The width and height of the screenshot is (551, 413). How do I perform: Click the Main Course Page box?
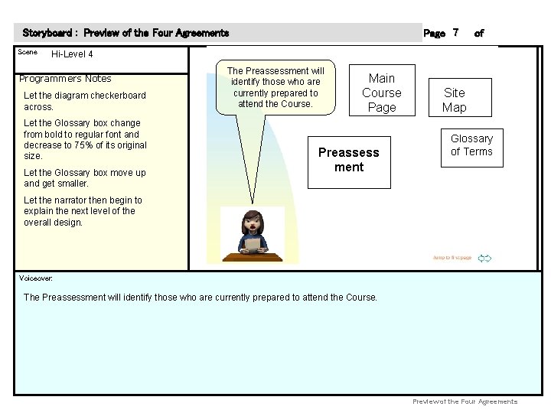(381, 93)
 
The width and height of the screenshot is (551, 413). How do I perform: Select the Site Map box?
(454, 99)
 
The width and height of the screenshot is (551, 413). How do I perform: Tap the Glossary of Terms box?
(471, 145)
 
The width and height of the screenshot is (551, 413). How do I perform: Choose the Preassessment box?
(349, 160)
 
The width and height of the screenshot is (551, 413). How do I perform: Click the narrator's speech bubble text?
(275, 87)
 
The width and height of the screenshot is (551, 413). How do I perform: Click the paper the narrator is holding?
(253, 244)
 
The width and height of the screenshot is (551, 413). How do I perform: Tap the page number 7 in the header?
(455, 33)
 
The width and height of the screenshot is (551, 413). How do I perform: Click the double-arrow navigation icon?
(484, 259)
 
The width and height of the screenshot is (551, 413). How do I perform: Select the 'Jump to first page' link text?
(452, 259)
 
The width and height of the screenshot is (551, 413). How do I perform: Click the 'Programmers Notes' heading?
(65, 79)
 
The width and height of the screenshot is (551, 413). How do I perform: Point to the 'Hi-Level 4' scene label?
(72, 54)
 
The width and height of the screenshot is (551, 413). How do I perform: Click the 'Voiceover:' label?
(35, 278)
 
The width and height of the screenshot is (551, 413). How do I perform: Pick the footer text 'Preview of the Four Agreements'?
(465, 402)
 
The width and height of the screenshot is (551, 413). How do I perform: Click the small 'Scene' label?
(28, 52)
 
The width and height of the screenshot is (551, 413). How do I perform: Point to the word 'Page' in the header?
(434, 34)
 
